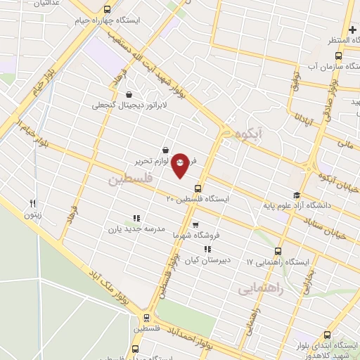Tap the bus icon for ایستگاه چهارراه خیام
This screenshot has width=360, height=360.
(107, 10)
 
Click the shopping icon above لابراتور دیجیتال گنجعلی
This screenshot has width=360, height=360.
(128, 94)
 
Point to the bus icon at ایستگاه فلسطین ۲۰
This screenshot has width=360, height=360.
(198, 188)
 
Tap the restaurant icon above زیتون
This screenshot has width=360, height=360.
(33, 204)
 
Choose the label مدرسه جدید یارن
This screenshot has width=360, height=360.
(136, 229)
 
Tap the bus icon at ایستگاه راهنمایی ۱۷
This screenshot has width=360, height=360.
(278, 250)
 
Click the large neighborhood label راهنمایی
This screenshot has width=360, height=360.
(261, 288)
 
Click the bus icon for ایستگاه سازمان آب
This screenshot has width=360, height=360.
(338, 56)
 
